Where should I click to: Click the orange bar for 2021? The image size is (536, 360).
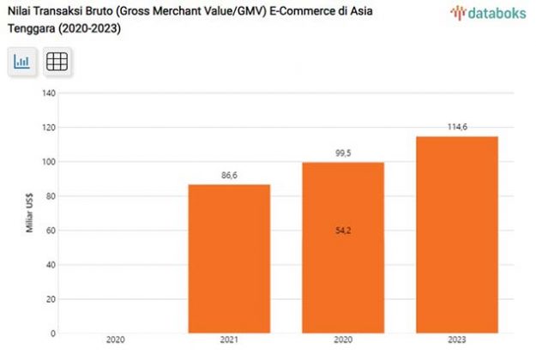[229, 258]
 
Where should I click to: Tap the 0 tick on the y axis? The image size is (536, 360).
[53, 333]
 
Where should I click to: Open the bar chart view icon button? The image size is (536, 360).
[22, 62]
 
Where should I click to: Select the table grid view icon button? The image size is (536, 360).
[57, 62]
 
